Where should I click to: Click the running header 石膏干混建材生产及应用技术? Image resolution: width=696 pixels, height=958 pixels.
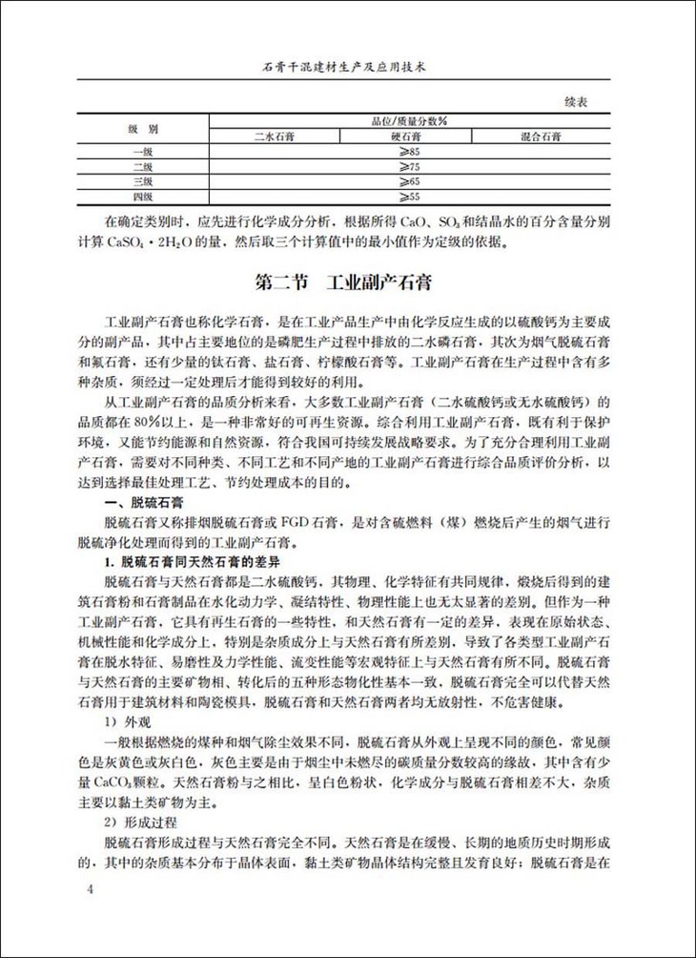point(347,70)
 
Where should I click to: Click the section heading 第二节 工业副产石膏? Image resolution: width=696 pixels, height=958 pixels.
point(347,284)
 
